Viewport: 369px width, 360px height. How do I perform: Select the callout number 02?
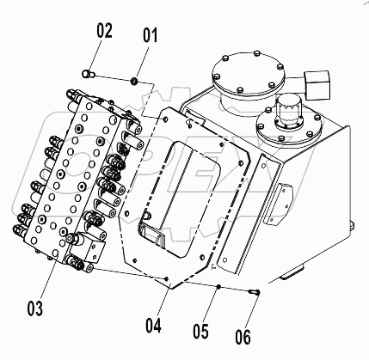104,33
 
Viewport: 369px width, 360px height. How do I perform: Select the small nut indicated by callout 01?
134,81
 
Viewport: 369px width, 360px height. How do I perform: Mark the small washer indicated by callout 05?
219,285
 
